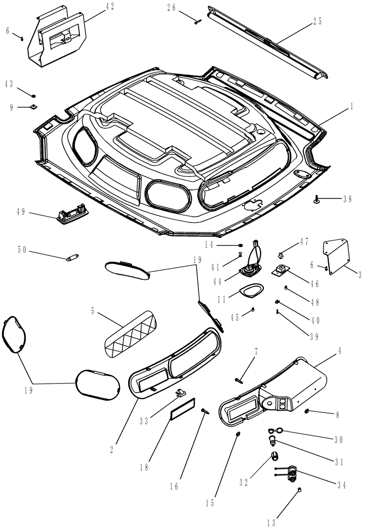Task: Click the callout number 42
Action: pos(109,6)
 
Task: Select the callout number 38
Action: pos(347,199)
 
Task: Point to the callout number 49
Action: pos(21,212)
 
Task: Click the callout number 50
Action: pos(22,250)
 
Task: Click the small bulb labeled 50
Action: pos(71,259)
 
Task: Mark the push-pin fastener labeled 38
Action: pos(318,199)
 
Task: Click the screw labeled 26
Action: pos(197,21)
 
